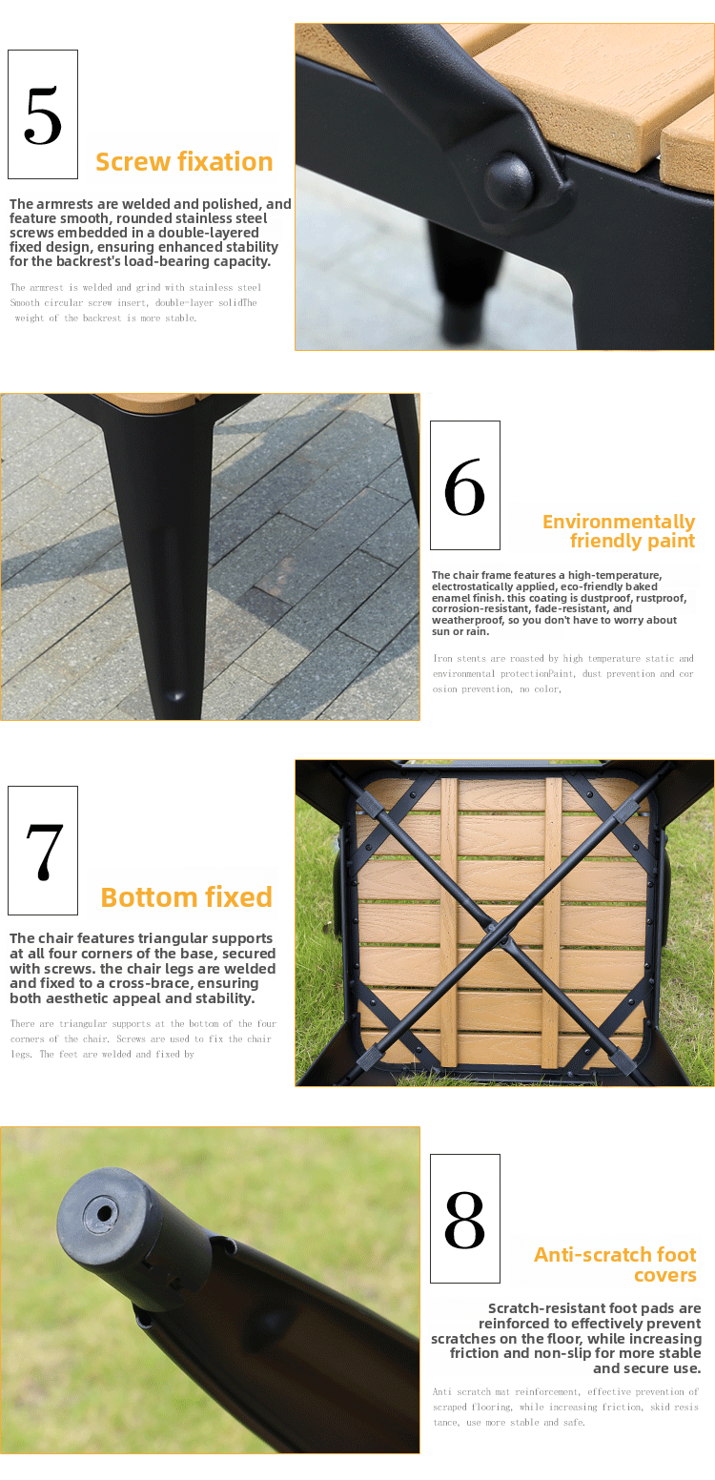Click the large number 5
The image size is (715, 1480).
[43, 115]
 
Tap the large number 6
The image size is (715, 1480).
[464, 486]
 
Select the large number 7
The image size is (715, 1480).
[44, 852]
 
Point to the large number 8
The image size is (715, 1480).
[464, 1220]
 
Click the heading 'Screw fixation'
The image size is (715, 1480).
[184, 162]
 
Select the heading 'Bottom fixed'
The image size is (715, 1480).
[186, 897]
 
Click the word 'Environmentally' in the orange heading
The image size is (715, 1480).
[619, 522]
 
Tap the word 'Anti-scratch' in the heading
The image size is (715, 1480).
[581, 1254]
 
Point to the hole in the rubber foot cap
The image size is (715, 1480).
[105, 1214]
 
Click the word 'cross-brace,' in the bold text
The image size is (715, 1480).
[151, 983]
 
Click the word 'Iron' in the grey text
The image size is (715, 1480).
[442, 658]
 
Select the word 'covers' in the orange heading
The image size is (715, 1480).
[664, 1275]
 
